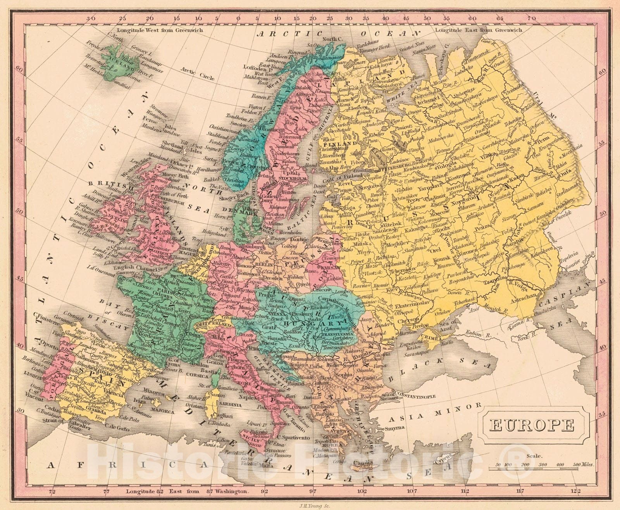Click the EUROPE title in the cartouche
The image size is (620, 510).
pos(532,426)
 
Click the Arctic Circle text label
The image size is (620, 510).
pos(197,74)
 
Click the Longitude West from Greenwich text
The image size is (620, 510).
pos(160,30)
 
